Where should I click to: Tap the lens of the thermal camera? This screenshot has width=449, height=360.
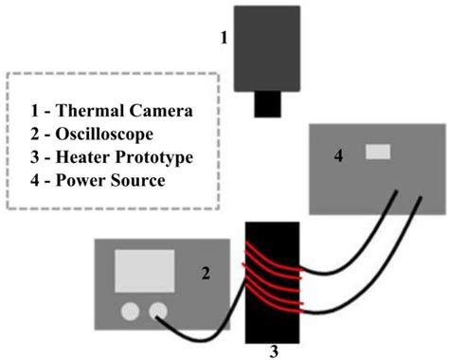tap(271, 104)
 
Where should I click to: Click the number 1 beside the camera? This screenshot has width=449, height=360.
tap(224, 39)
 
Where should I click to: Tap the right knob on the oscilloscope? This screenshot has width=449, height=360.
tap(157, 311)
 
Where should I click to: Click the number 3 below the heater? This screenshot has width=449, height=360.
tap(272, 351)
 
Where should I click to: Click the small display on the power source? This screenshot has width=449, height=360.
tap(378, 151)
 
